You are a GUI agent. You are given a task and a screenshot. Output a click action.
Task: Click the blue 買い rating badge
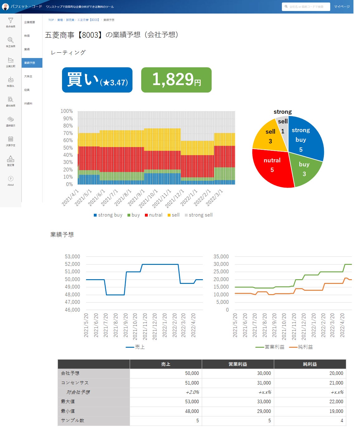click(x=97, y=80)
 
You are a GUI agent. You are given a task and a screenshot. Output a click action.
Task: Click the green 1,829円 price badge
click(x=176, y=80)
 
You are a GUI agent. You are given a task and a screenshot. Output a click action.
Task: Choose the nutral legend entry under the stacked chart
click(x=154, y=215)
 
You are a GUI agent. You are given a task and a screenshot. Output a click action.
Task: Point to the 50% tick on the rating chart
click(x=66, y=148)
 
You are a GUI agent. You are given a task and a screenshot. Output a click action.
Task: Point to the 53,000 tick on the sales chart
click(x=72, y=256)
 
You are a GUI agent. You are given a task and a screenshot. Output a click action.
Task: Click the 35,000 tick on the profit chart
click(x=221, y=256)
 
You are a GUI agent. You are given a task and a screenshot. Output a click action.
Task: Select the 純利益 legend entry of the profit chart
click(x=301, y=347)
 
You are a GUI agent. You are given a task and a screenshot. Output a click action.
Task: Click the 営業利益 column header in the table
click(x=238, y=364)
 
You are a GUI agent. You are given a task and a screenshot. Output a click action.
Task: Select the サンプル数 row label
click(x=73, y=420)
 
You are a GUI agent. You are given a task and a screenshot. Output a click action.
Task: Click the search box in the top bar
click(x=306, y=7)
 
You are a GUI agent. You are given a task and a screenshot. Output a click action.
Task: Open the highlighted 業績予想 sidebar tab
click(x=31, y=63)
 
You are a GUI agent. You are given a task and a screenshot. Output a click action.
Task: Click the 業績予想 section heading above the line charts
click(x=62, y=235)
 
